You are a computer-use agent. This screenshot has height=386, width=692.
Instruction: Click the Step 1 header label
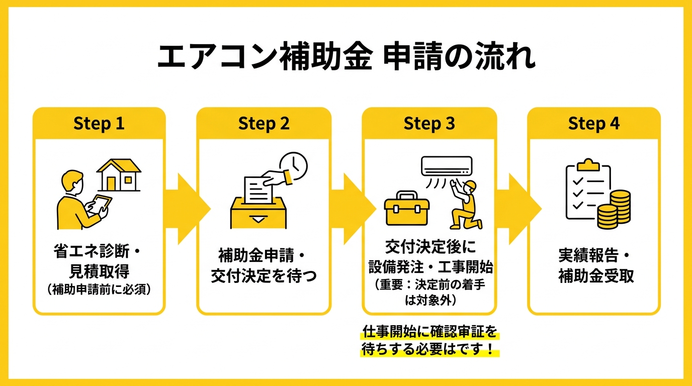(99, 124)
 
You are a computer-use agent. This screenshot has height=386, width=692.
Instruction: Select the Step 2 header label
(264, 124)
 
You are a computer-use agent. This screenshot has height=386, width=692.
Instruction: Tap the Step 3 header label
(429, 124)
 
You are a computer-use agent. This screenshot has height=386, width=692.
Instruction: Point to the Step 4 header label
(593, 124)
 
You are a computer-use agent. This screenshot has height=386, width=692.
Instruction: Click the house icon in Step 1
(119, 175)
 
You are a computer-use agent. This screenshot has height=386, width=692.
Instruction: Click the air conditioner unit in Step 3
(447, 165)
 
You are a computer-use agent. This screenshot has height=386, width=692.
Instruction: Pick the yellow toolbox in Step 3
(407, 209)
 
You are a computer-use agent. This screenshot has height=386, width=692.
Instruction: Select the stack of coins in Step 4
(614, 209)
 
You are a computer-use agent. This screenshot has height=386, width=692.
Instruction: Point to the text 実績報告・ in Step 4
(593, 256)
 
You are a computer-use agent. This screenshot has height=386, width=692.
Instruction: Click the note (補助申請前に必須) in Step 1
(99, 290)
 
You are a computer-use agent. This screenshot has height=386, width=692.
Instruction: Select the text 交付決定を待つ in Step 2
(264, 276)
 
